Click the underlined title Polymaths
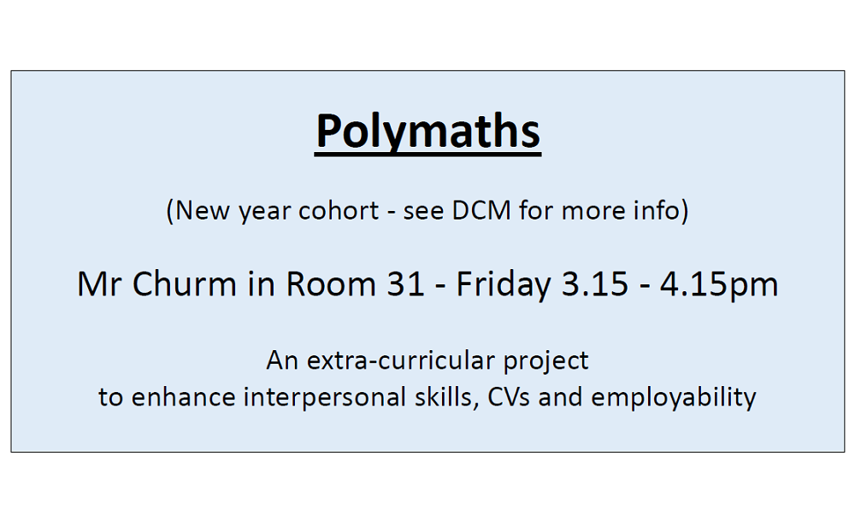pyautogui.click(x=428, y=132)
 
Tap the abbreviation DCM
pyautogui.click(x=481, y=210)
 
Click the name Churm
pyautogui.click(x=185, y=284)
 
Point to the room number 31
pyautogui.click(x=405, y=284)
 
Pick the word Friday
pyautogui.click(x=504, y=284)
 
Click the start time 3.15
pyautogui.click(x=595, y=284)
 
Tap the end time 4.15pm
pyautogui.click(x=719, y=284)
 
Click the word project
pyautogui.click(x=545, y=361)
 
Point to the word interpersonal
pyautogui.click(x=324, y=397)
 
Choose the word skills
pyautogui.click(x=444, y=397)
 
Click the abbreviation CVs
pyautogui.click(x=508, y=397)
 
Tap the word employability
pyautogui.click(x=674, y=398)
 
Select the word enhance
pyautogui.click(x=183, y=397)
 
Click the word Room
pyautogui.click(x=331, y=284)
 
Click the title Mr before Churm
pyautogui.click(x=100, y=284)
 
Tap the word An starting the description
pyautogui.click(x=282, y=360)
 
